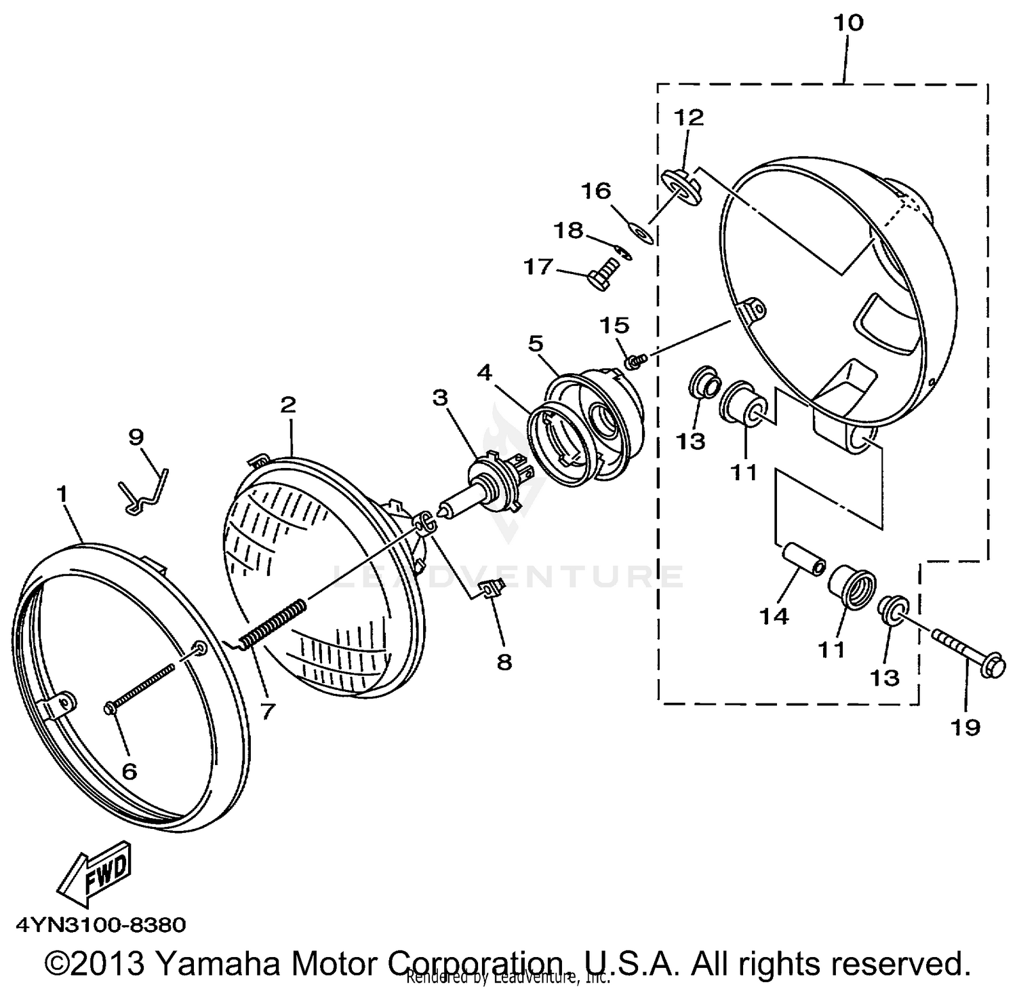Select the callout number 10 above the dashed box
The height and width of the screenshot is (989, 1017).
[848, 23]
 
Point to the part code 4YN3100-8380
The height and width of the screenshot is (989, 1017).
[100, 925]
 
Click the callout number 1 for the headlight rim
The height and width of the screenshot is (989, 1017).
[63, 494]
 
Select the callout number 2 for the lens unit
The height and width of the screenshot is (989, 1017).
[287, 405]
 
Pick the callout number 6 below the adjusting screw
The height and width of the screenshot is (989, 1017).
[129, 771]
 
